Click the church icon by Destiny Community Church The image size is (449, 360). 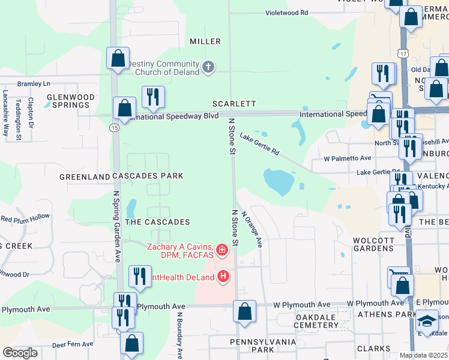point(208,66)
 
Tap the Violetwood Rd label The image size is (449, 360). point(287,12)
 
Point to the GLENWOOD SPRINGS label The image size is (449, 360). point(71,101)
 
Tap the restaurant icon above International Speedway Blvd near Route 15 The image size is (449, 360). point(153,97)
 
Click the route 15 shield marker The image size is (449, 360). point(113,127)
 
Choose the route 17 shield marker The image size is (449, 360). point(403,54)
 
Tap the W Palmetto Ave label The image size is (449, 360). point(348,158)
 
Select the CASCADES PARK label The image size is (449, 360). point(147,176)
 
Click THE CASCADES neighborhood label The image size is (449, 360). point(158,222)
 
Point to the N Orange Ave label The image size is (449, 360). point(252,229)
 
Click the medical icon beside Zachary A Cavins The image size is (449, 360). point(221,249)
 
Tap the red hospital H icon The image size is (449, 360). point(223,277)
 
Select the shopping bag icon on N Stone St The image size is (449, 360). point(244,312)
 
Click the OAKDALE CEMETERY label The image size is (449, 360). point(317,320)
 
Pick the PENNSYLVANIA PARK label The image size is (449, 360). point(263,345)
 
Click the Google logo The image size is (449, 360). point(20,353)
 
